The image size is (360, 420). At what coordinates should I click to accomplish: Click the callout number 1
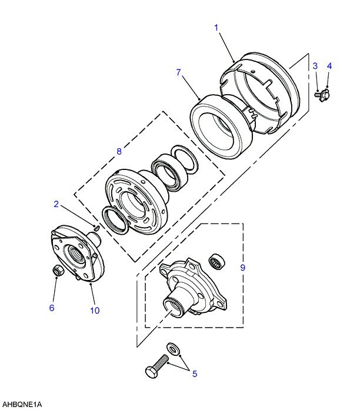click(216, 27)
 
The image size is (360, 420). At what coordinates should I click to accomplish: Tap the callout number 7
click(178, 72)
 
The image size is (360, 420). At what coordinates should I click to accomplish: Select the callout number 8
click(119, 151)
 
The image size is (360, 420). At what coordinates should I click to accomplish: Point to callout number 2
click(56, 204)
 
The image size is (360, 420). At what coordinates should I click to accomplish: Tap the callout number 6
click(51, 308)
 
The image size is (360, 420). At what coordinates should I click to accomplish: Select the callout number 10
click(95, 310)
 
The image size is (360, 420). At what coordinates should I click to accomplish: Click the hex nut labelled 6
click(58, 270)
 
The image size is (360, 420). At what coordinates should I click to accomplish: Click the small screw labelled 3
click(318, 92)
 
